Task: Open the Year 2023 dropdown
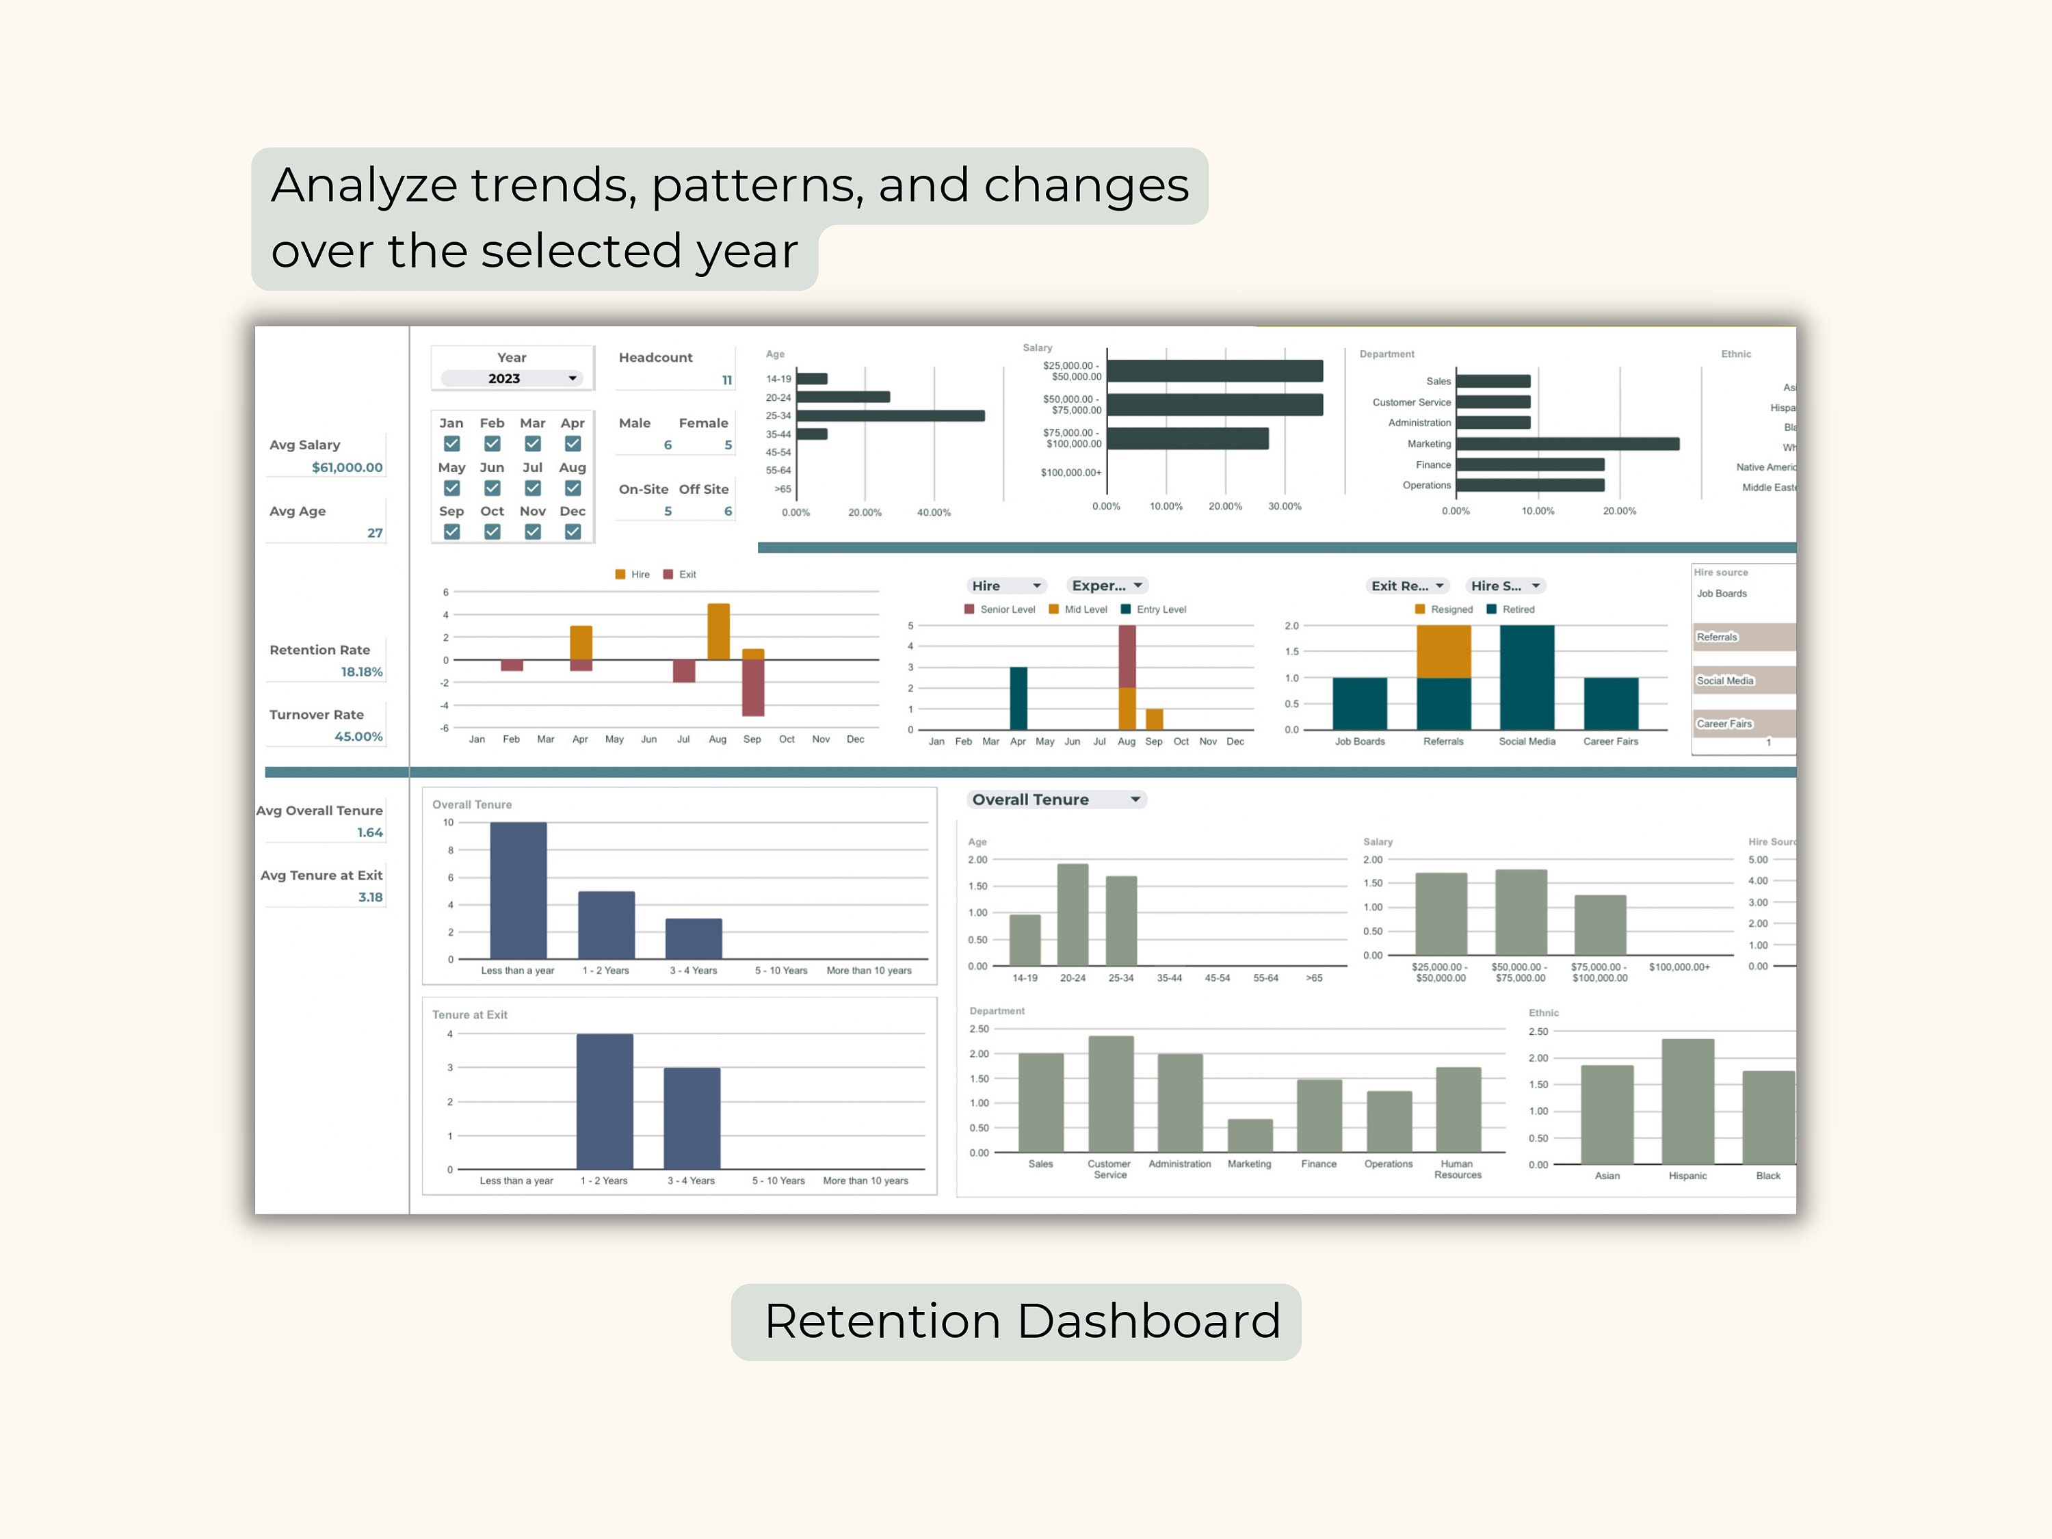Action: [511, 378]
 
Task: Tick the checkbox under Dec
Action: [573, 531]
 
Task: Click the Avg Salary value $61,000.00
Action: [347, 468]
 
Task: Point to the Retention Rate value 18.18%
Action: [361, 672]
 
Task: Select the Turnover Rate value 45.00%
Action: [358, 737]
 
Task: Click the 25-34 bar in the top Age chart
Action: [890, 416]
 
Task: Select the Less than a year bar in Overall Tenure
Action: [518, 891]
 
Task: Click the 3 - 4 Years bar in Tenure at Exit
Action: [692, 1118]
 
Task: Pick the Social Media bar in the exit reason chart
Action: [1527, 677]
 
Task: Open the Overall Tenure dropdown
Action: [1055, 800]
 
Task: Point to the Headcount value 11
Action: [726, 380]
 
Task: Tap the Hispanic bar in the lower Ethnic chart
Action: [1687, 1102]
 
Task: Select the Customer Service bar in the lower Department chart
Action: [1110, 1094]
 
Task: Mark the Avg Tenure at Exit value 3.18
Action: [370, 897]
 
